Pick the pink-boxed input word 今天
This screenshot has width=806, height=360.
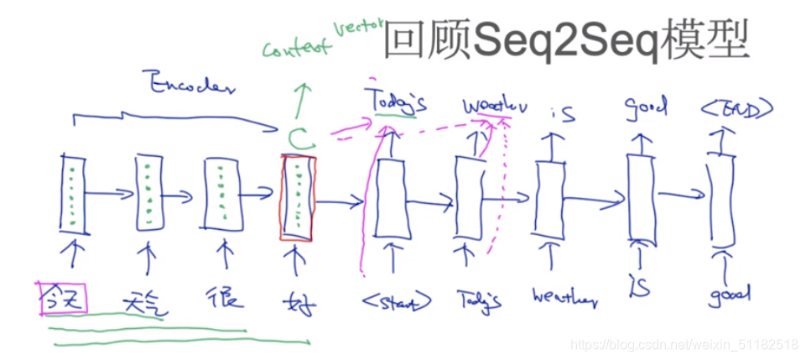[x=60, y=297]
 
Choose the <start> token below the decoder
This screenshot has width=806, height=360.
[x=398, y=300]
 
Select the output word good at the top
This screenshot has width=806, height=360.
[x=645, y=107]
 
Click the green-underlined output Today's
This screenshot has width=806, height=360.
[x=396, y=103]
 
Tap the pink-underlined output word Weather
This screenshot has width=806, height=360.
[x=496, y=107]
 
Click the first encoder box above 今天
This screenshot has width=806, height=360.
[x=72, y=194]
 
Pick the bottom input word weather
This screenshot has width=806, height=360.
[x=564, y=297]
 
